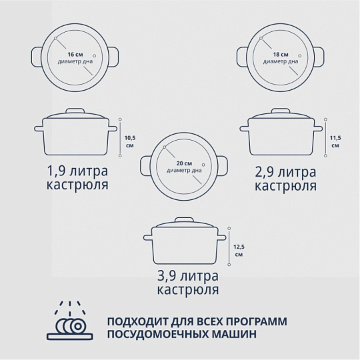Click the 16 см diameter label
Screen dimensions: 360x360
pos(75,55)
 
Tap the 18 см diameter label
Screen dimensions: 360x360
pos(281,55)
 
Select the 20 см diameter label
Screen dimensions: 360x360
pos(184,163)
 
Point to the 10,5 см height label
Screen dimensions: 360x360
pos(130,141)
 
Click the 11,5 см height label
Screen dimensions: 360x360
pos(335,141)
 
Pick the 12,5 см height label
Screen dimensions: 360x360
pos(239,251)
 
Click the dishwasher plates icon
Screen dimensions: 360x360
pos(70,320)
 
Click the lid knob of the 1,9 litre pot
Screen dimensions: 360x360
pos(75,111)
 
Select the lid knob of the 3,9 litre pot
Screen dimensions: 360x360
pos(185,220)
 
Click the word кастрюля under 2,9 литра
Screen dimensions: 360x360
pos(285,185)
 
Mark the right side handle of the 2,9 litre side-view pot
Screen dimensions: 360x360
pos(319,129)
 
